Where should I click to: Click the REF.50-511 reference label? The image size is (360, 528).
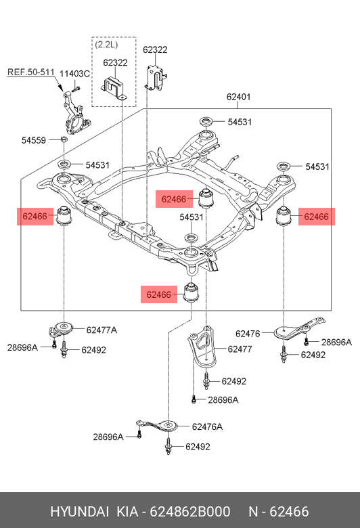coord(30,72)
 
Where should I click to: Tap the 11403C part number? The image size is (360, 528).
coord(74,74)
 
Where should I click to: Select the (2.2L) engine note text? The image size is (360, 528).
coord(106,44)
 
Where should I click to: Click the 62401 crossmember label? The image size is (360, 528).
coord(238,97)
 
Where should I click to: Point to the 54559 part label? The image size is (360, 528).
coord(34,140)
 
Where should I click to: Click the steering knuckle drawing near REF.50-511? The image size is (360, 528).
coord(74,112)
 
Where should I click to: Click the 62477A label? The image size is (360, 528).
coord(102,330)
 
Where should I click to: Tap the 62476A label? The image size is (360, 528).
coord(208,426)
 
